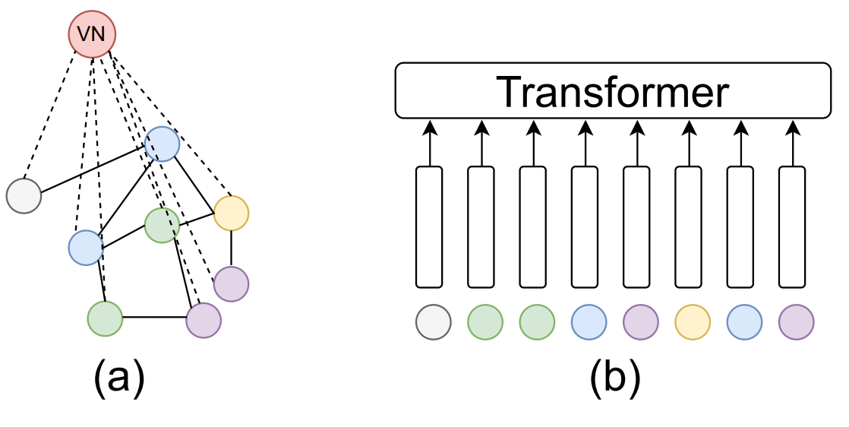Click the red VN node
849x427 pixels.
pyautogui.click(x=92, y=33)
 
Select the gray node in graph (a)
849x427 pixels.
pyautogui.click(x=24, y=195)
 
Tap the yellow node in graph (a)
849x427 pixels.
pyautogui.click(x=231, y=214)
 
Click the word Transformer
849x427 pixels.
pyautogui.click(x=613, y=92)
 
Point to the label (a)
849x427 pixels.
pyautogui.click(x=119, y=379)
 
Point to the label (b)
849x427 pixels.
pyautogui.click(x=615, y=379)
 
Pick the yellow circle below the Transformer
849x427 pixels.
pyautogui.click(x=693, y=322)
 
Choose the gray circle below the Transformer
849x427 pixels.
pyautogui.click(x=433, y=322)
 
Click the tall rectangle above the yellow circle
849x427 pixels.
pyautogui.click(x=688, y=227)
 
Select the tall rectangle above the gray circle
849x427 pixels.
pyautogui.click(x=429, y=227)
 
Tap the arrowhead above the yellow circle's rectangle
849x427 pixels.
pyautogui.click(x=689, y=128)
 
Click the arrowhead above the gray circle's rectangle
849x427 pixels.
pyautogui.click(x=429, y=128)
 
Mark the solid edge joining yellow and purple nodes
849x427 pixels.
pyautogui.click(x=231, y=248)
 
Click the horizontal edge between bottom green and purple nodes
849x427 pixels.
pyautogui.click(x=154, y=318)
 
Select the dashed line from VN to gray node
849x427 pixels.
pyautogui.click(x=50, y=115)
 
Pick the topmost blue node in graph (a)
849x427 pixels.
pyautogui.click(x=162, y=144)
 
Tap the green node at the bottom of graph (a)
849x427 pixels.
pyautogui.click(x=105, y=318)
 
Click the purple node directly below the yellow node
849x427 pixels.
pyautogui.click(x=231, y=284)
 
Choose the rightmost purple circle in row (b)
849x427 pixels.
pyautogui.click(x=796, y=322)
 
